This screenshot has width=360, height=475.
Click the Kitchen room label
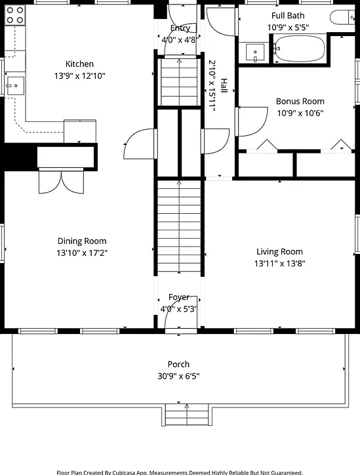tap(79, 64)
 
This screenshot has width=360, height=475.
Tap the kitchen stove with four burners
tap(15, 15)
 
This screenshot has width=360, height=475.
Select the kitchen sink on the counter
tap(15, 86)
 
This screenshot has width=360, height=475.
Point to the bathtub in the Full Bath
tap(299, 49)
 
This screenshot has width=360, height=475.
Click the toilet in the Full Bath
tap(342, 18)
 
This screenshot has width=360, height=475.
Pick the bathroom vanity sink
tap(255, 52)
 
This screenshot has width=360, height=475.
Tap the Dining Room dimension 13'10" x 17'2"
tap(82, 253)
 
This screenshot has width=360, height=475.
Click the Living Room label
tap(279, 251)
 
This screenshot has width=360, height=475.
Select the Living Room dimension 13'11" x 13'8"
tap(279, 263)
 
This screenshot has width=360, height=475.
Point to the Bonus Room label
tap(300, 101)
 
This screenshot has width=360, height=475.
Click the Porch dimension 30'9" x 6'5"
tap(178, 376)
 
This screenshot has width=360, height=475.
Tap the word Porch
tap(178, 364)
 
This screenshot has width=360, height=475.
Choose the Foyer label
tap(179, 297)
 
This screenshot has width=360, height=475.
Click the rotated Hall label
tap(224, 86)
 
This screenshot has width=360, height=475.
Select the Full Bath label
tap(288, 16)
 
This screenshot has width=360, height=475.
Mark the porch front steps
tap(187, 415)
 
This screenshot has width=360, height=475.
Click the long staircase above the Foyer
tap(179, 226)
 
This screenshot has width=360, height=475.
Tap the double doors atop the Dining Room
tap(61, 181)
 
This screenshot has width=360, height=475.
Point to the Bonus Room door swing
tap(252, 121)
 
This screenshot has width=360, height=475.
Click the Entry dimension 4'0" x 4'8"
tap(180, 39)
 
